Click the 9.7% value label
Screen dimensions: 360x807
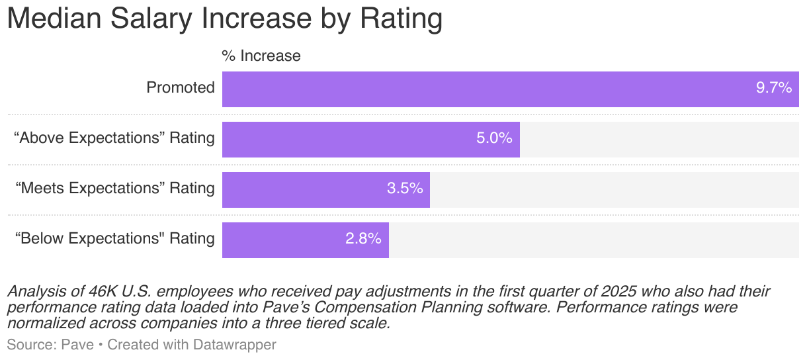pyautogui.click(x=773, y=88)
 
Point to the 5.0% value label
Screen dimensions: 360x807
pyautogui.click(x=494, y=138)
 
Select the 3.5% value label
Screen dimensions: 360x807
pyautogui.click(x=404, y=189)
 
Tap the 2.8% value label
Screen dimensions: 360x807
pyautogui.click(x=363, y=239)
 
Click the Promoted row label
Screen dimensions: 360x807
pyautogui.click(x=181, y=88)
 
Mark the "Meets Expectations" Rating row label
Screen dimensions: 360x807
pyautogui.click(x=115, y=189)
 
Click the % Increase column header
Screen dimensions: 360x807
pyautogui.click(x=261, y=56)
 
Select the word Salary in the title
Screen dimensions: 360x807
pyautogui.click(x=153, y=19)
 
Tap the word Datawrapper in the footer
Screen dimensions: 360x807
pyautogui.click(x=235, y=345)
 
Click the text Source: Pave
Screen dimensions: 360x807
pyautogui.click(x=50, y=345)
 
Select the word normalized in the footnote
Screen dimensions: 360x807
pyautogui.click(x=40, y=324)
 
